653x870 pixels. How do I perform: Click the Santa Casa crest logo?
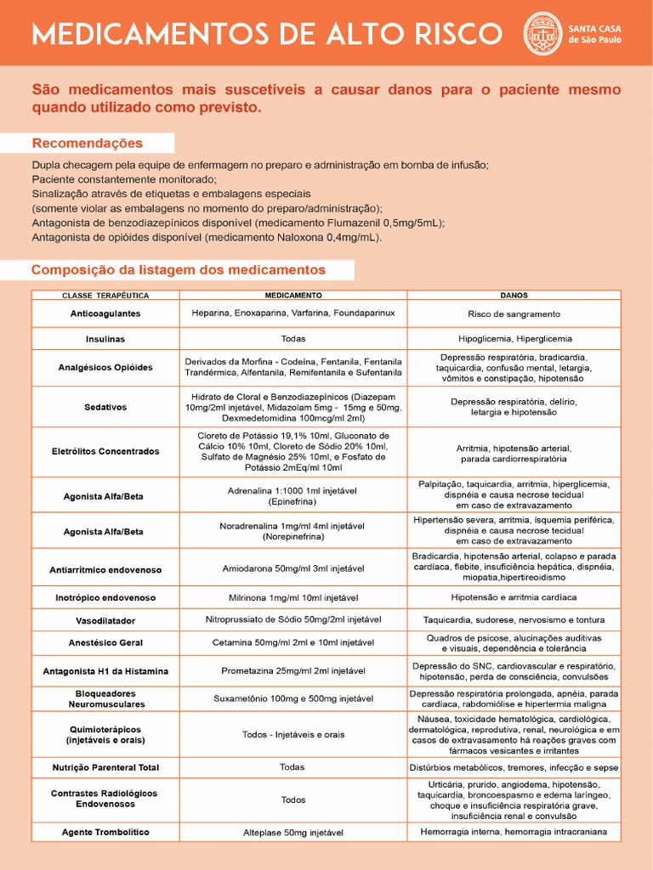pos(542,33)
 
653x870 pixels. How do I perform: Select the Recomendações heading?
pos(88,143)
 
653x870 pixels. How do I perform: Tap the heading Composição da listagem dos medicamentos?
pos(179,270)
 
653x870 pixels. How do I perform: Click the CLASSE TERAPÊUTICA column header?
pos(105,296)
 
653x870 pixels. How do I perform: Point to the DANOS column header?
pos(514,296)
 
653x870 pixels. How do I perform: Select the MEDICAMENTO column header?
pos(293,296)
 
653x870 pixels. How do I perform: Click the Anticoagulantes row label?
pos(105,314)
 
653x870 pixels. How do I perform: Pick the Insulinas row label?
pos(105,339)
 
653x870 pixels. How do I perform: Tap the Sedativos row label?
pos(105,407)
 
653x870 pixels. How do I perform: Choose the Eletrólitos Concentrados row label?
pos(105,452)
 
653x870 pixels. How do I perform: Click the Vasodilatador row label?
pos(105,621)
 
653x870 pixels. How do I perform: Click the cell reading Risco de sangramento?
pos(514,314)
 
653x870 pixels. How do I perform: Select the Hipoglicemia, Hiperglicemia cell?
pos(514,339)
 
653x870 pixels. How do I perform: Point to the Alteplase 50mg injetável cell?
pos(293,833)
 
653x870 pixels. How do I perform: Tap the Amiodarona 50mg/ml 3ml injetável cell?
pos(293,568)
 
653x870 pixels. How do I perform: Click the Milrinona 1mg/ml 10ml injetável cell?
pos(293,598)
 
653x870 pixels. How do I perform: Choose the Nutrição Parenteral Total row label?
pos(105,768)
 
